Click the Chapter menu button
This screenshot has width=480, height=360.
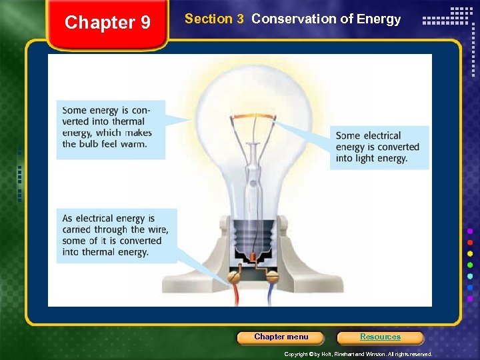coord(281,337)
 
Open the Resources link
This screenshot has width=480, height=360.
coord(380,337)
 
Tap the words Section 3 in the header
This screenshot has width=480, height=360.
coord(214,19)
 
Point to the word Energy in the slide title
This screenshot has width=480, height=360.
coord(379,19)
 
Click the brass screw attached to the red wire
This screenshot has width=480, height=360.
coord(234,273)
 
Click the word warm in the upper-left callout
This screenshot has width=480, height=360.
coord(133,144)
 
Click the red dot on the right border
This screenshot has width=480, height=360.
coord(471,242)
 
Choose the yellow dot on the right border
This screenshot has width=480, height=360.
coord(471,253)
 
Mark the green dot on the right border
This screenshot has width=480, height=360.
coord(471,265)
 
